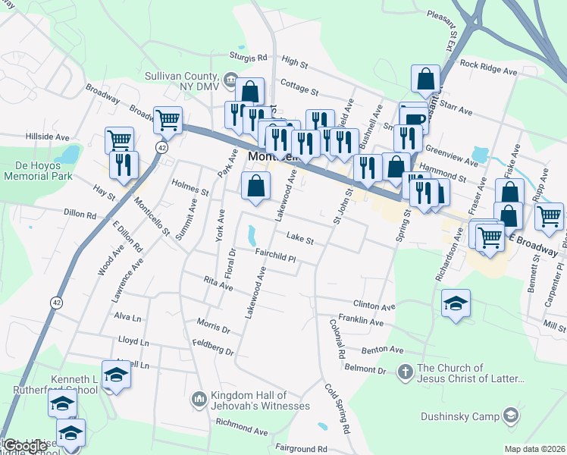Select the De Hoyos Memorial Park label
[x=36, y=170]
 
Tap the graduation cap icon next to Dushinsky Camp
[x=511, y=415]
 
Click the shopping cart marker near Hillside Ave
[x=120, y=140]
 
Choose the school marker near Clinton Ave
[x=456, y=303]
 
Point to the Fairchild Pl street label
[x=274, y=258]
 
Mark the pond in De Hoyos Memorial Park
[x=70, y=155]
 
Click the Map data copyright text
[x=534, y=449]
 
